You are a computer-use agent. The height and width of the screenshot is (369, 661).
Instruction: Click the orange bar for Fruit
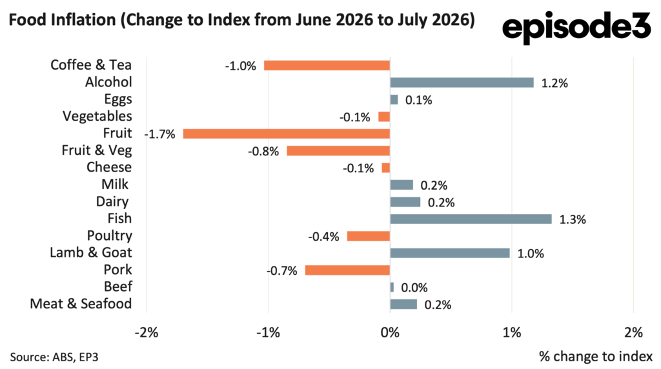click(x=287, y=134)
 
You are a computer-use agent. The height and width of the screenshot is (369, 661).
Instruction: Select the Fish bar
click(x=471, y=219)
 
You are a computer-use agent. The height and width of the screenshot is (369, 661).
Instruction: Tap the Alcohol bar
click(x=462, y=83)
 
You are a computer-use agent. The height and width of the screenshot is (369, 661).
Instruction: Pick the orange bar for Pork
click(x=348, y=270)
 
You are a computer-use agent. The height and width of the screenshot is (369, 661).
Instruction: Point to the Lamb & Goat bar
click(x=450, y=253)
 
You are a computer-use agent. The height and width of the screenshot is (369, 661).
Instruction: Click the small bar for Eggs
click(x=394, y=99)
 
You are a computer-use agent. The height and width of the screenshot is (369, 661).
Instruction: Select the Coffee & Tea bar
click(x=327, y=66)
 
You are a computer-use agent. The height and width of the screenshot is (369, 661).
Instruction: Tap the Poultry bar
click(x=369, y=236)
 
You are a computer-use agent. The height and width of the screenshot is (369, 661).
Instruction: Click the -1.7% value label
click(x=160, y=134)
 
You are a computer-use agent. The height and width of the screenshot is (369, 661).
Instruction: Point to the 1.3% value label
click(x=573, y=219)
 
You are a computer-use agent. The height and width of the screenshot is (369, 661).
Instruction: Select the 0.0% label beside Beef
click(x=414, y=288)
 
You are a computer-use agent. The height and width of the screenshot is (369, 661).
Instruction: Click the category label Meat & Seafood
click(x=81, y=304)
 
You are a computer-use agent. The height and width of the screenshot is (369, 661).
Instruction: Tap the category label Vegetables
click(x=97, y=116)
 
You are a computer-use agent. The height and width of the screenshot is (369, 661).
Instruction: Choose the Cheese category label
click(x=109, y=167)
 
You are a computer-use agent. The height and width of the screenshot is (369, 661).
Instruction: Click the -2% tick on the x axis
click(x=147, y=333)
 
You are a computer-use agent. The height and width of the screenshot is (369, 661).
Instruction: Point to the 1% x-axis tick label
click(x=512, y=333)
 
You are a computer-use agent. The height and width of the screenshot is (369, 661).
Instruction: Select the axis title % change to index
click(x=596, y=356)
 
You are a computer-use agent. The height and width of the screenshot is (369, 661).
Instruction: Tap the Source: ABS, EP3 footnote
click(x=54, y=357)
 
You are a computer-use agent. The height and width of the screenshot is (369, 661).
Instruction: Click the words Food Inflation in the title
click(x=63, y=20)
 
